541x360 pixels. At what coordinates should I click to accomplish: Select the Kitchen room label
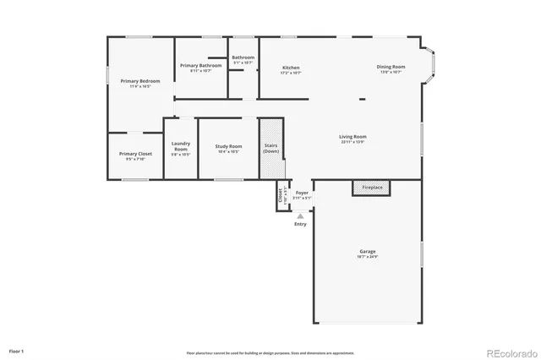pos(291,68)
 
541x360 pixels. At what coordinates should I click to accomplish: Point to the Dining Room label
pos(391,67)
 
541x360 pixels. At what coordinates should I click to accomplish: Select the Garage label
pos(368,252)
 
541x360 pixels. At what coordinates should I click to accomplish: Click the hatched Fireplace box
pos(372,188)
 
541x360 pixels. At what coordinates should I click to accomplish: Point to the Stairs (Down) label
pos(270,148)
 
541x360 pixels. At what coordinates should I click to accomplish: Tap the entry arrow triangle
pos(300,216)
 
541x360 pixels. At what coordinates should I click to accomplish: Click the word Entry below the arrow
pos(300,224)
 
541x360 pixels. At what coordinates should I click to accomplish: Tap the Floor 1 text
pos(17,350)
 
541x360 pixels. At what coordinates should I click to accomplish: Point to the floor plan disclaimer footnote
pos(270,352)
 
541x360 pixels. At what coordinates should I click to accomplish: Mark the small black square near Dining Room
pos(363,99)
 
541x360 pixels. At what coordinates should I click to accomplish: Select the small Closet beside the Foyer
pos(281,195)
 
